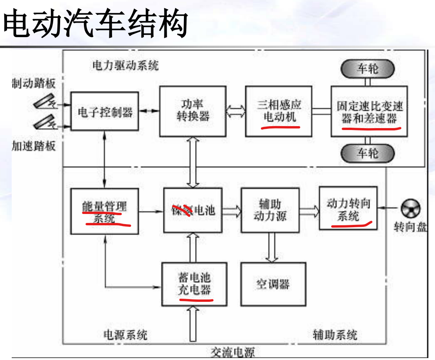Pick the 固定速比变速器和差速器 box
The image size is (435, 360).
pos(369,112)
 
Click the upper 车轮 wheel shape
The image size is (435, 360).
pos(367,69)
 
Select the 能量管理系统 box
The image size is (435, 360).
pos(105,211)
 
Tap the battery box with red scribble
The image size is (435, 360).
pos(193,210)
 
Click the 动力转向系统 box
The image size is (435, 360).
pos(348,208)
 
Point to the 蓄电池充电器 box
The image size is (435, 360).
pos(194,284)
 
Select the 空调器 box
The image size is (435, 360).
pos(273,284)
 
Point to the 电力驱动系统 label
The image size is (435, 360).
pos(126,65)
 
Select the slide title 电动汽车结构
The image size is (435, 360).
pos(96,23)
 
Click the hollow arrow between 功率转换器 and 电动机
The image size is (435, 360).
pos(236,111)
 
